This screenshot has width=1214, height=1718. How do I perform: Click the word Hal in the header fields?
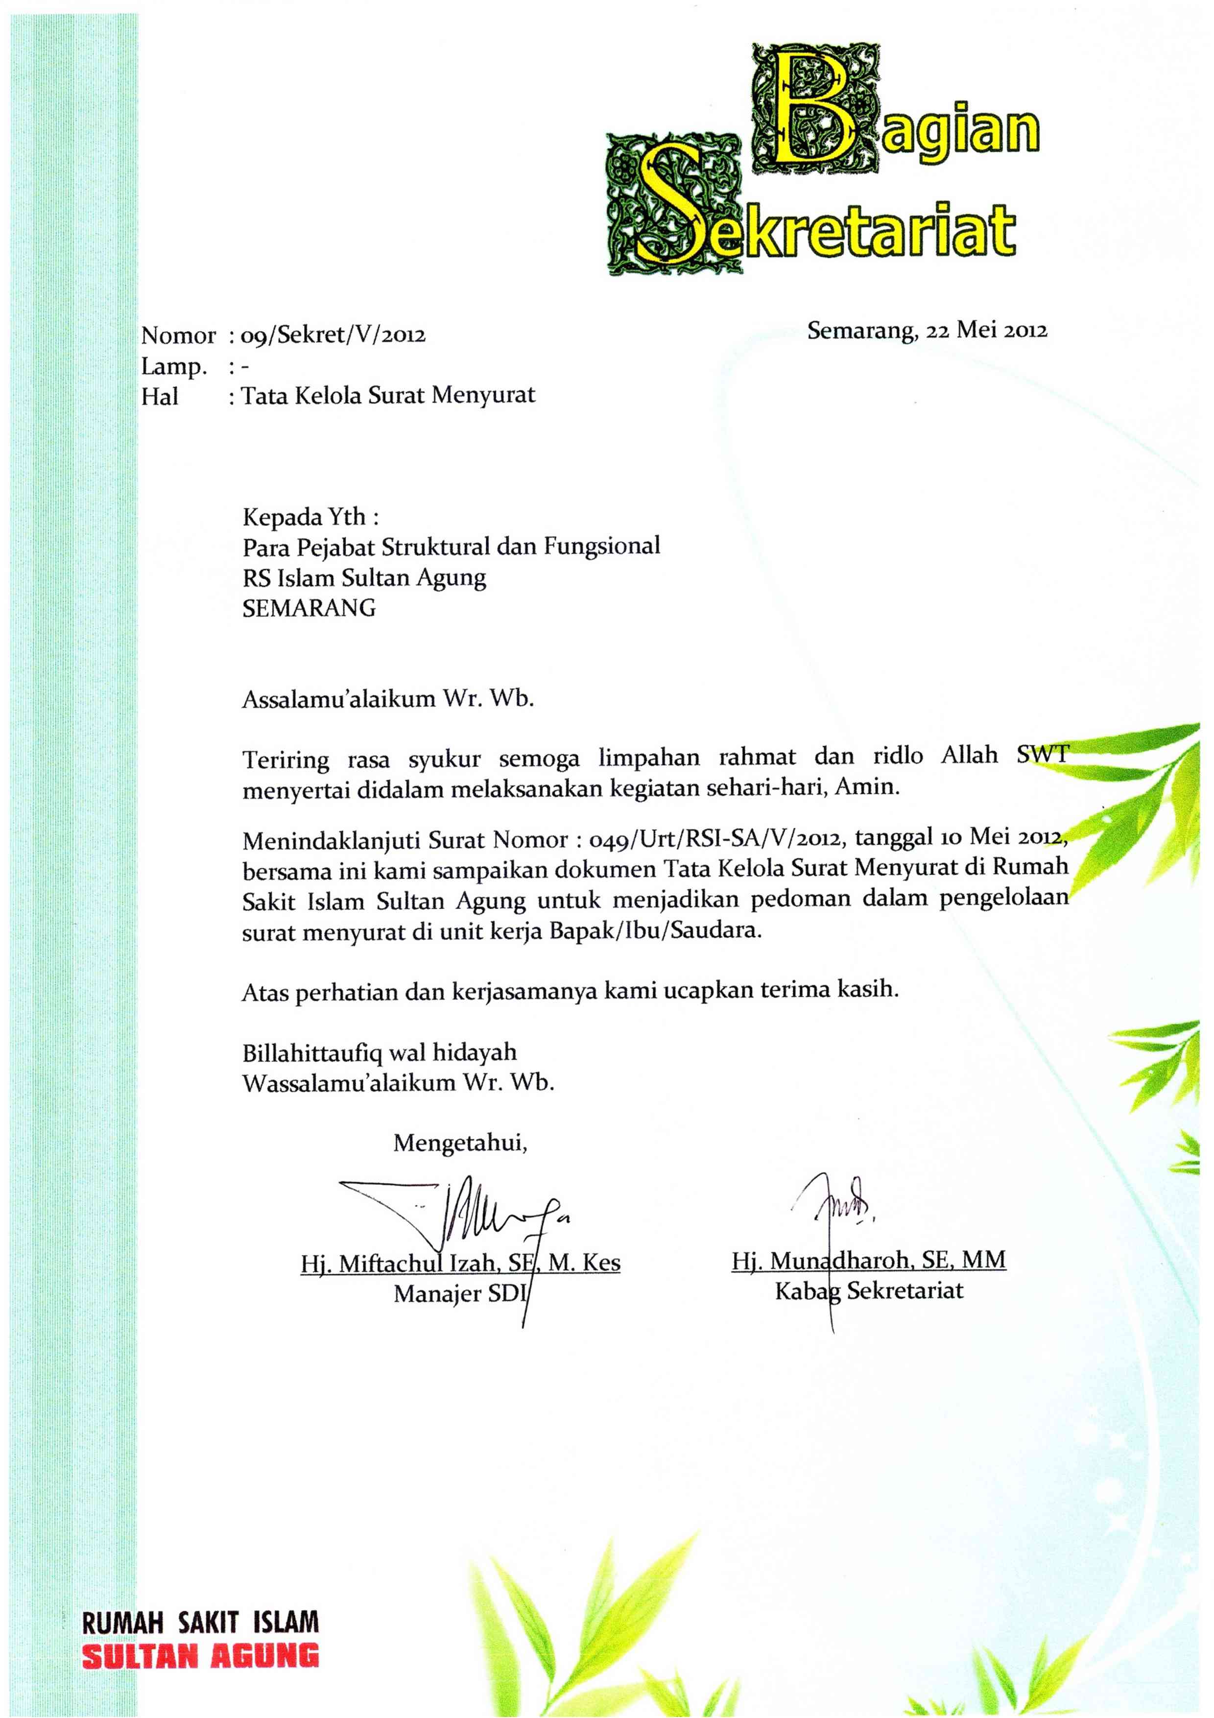click(160, 397)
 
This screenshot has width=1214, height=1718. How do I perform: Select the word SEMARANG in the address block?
click(309, 608)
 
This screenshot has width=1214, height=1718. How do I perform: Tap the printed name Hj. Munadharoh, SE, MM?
click(868, 1260)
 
